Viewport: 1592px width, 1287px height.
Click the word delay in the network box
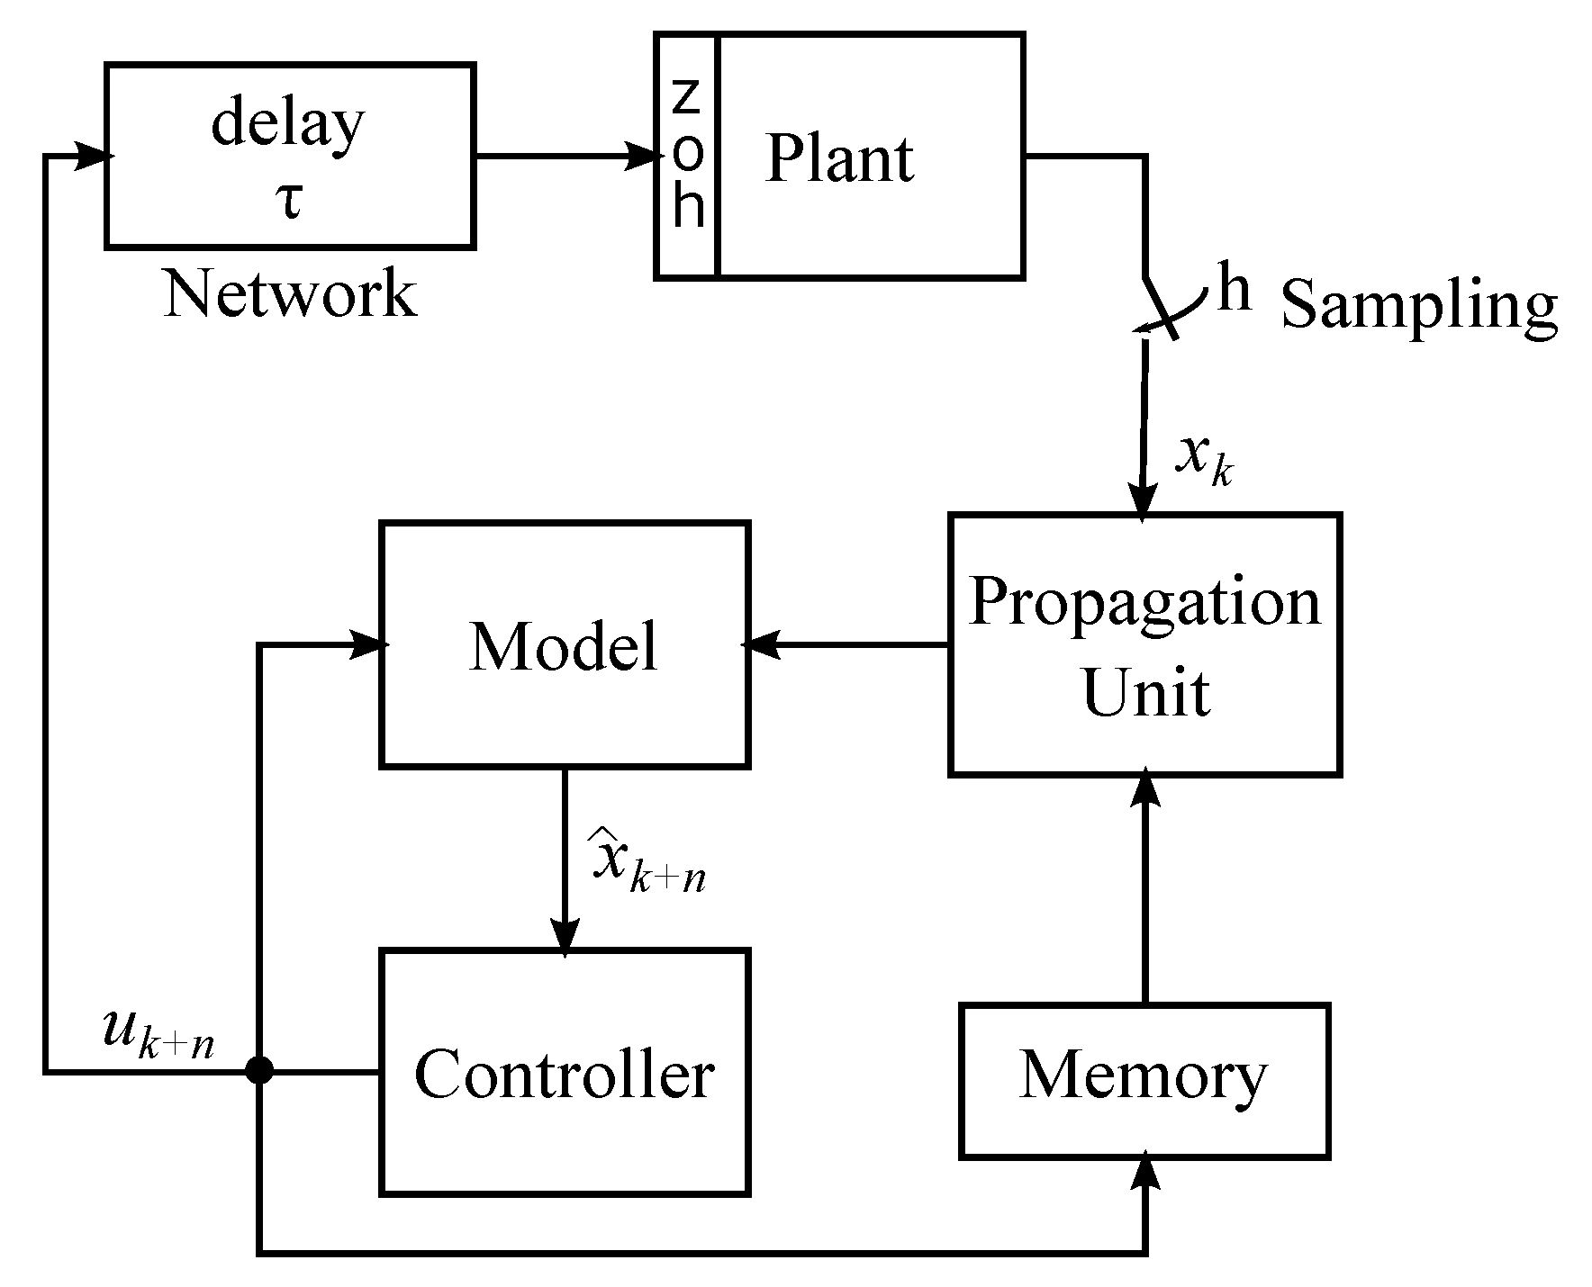tap(288, 124)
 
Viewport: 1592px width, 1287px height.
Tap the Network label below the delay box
tap(290, 294)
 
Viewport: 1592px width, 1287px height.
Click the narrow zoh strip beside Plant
tap(687, 156)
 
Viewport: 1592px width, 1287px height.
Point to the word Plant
tap(839, 159)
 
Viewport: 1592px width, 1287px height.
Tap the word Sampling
tap(1418, 306)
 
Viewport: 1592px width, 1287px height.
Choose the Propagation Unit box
tap(1145, 644)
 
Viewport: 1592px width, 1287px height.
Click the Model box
tap(565, 644)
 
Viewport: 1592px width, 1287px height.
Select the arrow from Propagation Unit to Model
tap(846, 644)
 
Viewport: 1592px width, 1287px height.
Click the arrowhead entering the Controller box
tap(565, 941)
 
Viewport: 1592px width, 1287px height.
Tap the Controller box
tap(565, 1073)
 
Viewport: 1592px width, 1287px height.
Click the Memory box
tap(1144, 1079)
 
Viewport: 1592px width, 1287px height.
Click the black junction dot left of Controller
tap(259, 1071)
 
